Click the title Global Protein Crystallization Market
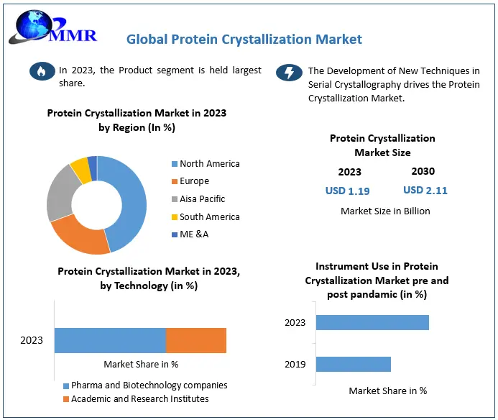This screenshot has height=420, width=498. point(244,39)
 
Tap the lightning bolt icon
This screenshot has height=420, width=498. point(289,73)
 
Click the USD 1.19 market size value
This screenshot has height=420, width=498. point(348,191)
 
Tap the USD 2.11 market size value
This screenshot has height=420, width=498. point(425,190)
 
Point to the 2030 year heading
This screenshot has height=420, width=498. point(423,171)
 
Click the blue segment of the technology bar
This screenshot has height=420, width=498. point(110,340)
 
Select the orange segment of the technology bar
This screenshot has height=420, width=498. point(195,340)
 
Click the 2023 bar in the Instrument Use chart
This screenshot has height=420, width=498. point(372,322)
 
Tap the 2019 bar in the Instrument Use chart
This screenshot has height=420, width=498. point(353,364)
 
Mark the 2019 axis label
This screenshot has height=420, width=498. point(295,364)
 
